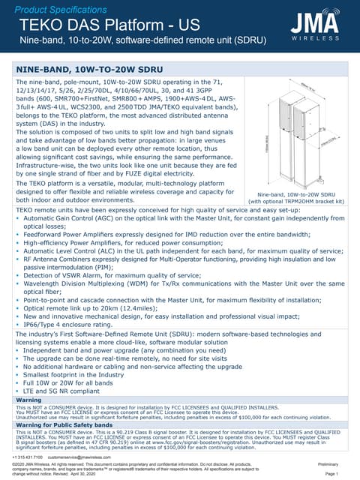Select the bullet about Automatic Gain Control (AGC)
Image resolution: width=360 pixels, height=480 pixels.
[172, 221]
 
